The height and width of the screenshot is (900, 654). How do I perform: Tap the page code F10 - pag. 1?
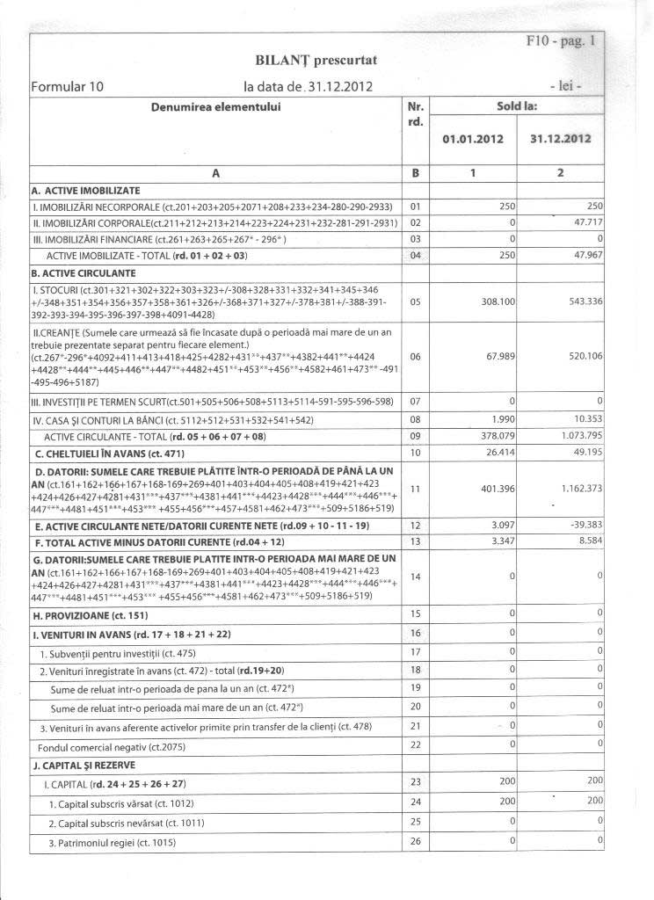tap(562, 40)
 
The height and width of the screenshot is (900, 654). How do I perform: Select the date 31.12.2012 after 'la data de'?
tap(338, 86)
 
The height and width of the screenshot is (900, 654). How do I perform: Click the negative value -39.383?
tap(581, 524)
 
